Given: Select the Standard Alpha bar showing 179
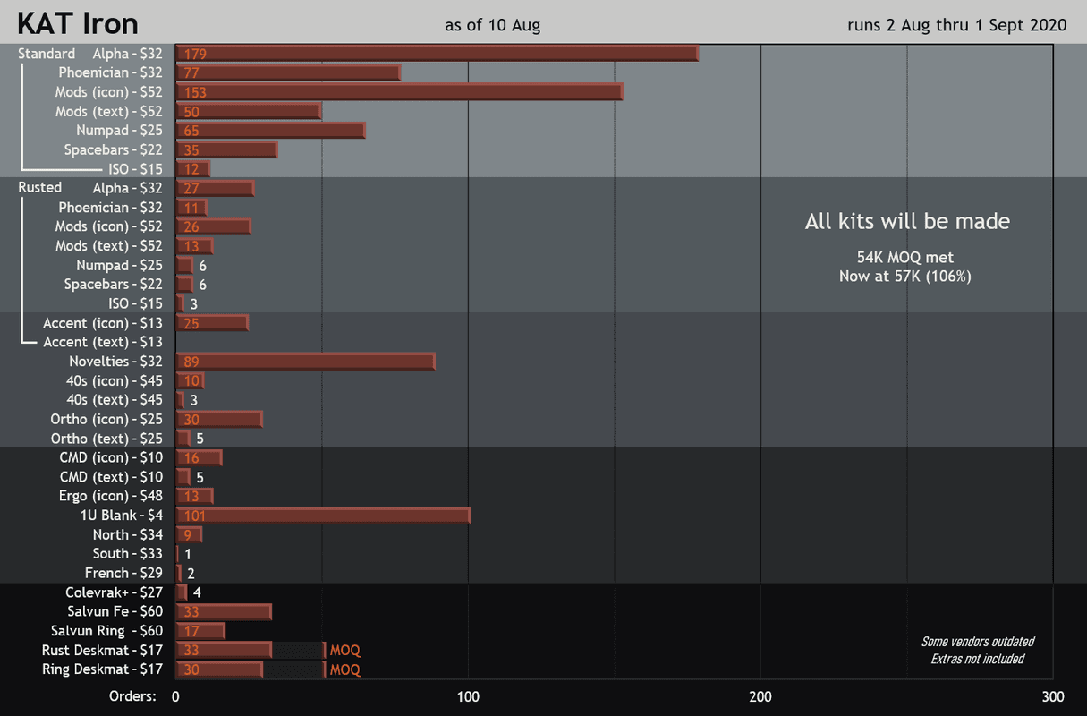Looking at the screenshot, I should click(x=437, y=54).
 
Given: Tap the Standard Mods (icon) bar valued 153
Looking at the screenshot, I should click(x=399, y=92).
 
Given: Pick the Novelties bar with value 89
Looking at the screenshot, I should click(x=305, y=362).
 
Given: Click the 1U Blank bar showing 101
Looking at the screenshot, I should click(x=323, y=516).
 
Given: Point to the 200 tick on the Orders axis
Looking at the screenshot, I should click(x=760, y=697).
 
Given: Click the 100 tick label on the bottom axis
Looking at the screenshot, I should click(x=468, y=697).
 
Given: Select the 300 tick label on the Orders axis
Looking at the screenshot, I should click(x=1053, y=697).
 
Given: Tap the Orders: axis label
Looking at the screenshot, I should click(x=132, y=697).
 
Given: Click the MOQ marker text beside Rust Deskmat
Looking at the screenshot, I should click(x=345, y=651).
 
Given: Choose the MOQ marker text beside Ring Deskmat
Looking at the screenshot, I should click(x=345, y=669).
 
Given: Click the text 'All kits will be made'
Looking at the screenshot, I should click(x=907, y=222).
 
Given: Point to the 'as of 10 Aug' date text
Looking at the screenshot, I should click(x=492, y=25).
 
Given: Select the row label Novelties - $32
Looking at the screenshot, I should click(x=116, y=362).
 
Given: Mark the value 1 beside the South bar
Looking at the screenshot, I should click(x=188, y=555).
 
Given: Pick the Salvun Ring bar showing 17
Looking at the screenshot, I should click(x=200, y=631).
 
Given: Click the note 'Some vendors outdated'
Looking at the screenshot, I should click(x=978, y=642).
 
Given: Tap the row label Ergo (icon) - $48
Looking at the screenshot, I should click(x=112, y=497).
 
